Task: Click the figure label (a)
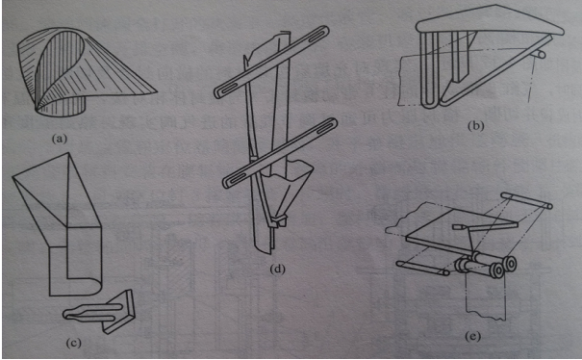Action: tap(60, 140)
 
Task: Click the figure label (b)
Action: tap(476, 126)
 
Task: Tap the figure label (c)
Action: tap(73, 344)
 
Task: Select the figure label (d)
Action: tap(278, 269)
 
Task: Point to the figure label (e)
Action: tap(473, 337)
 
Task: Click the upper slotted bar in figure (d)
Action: tap(271, 62)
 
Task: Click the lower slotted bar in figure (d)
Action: tap(280, 153)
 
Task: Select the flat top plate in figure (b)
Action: tap(490, 22)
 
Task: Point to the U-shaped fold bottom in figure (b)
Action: tap(431, 104)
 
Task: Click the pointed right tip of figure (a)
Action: tap(156, 90)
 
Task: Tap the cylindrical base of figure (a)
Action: tap(62, 105)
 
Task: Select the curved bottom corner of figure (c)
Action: tap(94, 288)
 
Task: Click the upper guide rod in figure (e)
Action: tap(526, 200)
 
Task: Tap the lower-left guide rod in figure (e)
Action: tap(423, 269)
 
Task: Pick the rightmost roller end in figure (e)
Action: tap(510, 264)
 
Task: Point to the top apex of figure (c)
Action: tap(68, 153)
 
